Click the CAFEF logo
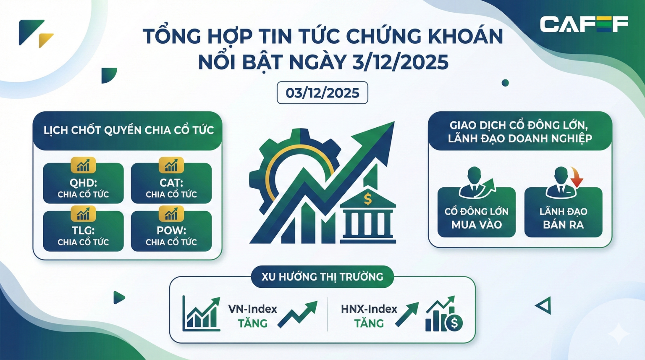584,24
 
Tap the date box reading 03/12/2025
322,93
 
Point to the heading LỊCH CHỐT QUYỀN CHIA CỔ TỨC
128,130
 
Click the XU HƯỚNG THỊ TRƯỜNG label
322,277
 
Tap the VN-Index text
252,309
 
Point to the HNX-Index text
369,309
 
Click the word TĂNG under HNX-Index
369,323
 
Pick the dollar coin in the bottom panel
454,323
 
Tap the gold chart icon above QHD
83,165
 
